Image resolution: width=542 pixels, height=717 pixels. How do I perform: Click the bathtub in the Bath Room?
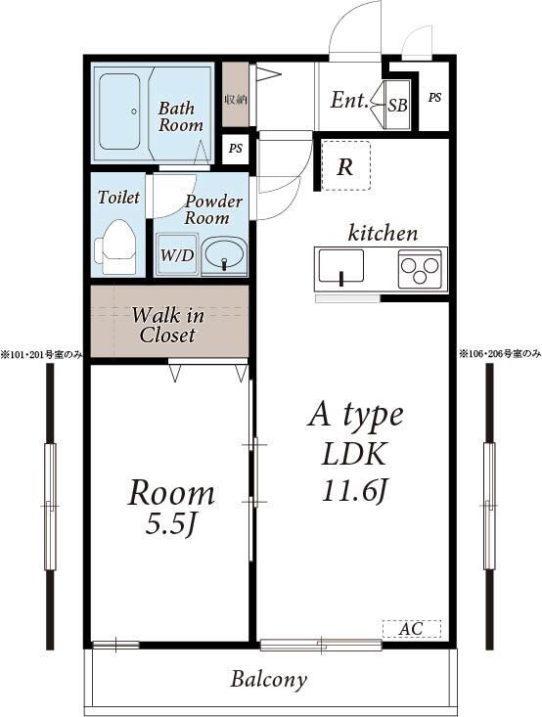(x=119, y=112)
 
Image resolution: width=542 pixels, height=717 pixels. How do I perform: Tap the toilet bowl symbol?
(x=115, y=246)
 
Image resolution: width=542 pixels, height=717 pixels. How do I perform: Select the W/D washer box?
(x=177, y=254)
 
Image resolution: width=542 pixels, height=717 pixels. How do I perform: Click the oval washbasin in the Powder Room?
(x=225, y=255)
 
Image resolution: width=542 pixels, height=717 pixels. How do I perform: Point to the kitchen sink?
(x=341, y=266)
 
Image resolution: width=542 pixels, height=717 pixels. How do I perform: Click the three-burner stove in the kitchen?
(x=420, y=269)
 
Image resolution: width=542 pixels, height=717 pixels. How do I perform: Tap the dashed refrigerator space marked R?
(x=345, y=165)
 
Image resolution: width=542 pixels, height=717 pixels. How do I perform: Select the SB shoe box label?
(x=398, y=106)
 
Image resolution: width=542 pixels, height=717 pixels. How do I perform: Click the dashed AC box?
(x=412, y=629)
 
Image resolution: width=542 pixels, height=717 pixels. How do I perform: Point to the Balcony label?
(x=268, y=680)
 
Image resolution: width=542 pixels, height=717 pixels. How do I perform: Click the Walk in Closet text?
(x=168, y=325)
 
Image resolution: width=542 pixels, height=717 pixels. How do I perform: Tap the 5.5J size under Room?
(x=170, y=525)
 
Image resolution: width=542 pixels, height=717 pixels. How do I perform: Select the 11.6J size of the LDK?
(x=355, y=491)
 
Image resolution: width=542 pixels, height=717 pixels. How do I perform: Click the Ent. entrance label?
(x=349, y=100)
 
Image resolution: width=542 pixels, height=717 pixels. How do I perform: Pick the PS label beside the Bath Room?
(x=236, y=149)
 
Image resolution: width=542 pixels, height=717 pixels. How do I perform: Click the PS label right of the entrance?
(x=435, y=98)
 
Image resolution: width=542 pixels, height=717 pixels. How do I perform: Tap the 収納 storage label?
(x=236, y=99)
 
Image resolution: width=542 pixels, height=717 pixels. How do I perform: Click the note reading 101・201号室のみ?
(x=41, y=354)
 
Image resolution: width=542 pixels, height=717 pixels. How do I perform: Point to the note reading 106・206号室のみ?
(x=500, y=353)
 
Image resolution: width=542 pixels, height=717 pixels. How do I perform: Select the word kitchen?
(x=383, y=233)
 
